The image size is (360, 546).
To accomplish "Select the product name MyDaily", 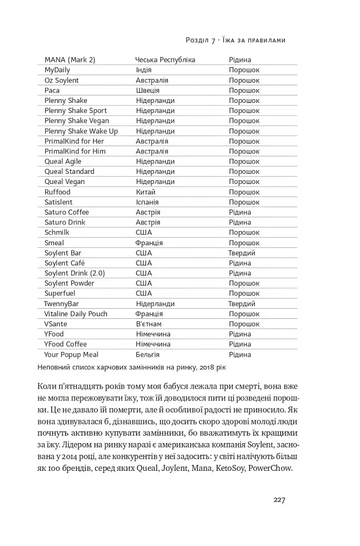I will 57,70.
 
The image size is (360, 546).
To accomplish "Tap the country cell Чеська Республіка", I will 165,60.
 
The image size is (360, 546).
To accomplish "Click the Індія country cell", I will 143,70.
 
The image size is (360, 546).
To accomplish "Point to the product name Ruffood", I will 57,192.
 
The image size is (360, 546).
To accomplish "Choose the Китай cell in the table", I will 146,192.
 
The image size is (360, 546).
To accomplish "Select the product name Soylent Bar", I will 63,253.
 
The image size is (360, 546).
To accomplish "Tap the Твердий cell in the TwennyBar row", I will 242,304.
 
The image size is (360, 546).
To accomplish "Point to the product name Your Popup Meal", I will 71,355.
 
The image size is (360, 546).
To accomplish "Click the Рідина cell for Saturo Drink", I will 239,222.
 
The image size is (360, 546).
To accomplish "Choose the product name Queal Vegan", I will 65,182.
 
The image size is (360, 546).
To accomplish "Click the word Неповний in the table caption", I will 54,367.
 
